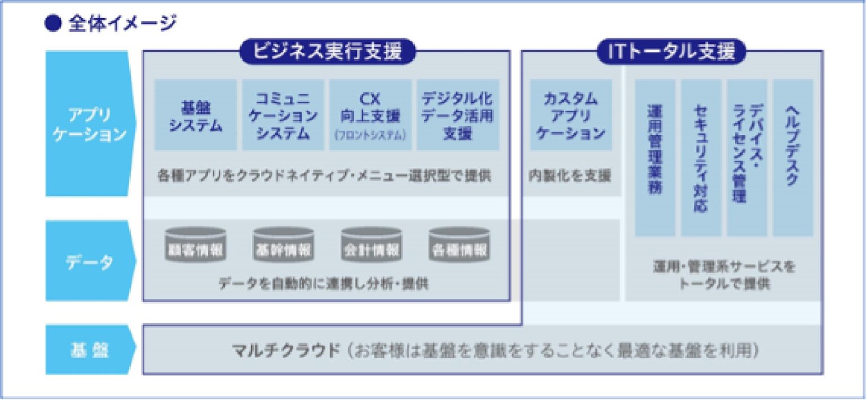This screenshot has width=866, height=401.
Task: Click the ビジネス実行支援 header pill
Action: pyautogui.click(x=327, y=52)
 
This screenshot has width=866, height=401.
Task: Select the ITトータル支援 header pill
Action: pyautogui.click(x=671, y=52)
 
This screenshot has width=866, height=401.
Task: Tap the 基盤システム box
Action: pyautogui.click(x=196, y=115)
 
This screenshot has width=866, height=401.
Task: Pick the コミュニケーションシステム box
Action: pyautogui.click(x=283, y=115)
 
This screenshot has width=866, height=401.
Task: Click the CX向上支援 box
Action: pyautogui.click(x=370, y=115)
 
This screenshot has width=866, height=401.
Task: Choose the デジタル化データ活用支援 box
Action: pyautogui.click(x=458, y=115)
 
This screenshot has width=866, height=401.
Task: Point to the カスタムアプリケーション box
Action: pyautogui.click(x=571, y=115)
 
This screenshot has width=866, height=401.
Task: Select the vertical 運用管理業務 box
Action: pyautogui.click(x=655, y=157)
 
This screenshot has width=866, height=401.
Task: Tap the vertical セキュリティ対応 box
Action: pyautogui.click(x=701, y=157)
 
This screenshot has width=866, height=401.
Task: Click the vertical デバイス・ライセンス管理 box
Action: pyautogui.click(x=746, y=157)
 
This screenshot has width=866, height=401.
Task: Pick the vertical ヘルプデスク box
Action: pyautogui.click(x=793, y=157)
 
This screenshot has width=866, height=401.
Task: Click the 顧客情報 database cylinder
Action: pyautogui.click(x=195, y=246)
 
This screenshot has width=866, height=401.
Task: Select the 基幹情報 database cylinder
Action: pyautogui.click(x=283, y=246)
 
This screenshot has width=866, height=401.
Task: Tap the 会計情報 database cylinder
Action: pyautogui.click(x=371, y=246)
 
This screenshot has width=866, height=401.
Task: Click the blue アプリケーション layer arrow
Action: pyautogui.click(x=90, y=124)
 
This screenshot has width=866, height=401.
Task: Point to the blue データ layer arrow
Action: pyautogui.click(x=90, y=261)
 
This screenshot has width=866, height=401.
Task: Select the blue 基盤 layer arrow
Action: pyautogui.click(x=90, y=350)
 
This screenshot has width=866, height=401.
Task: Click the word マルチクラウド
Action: pyautogui.click(x=286, y=350)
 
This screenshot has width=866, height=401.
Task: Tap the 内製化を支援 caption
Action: pyautogui.click(x=570, y=176)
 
